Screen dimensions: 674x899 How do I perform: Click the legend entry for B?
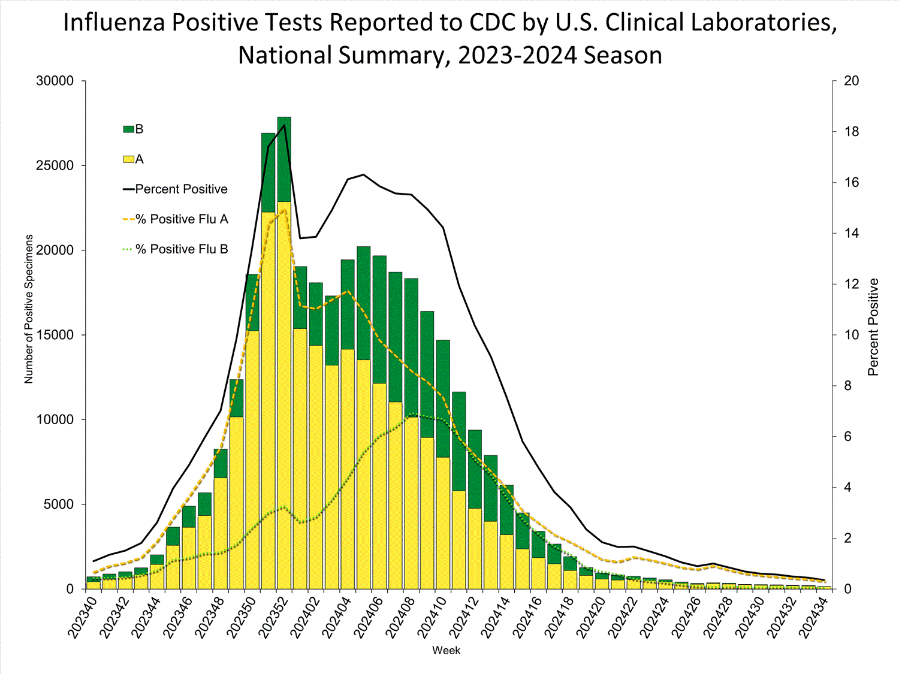[134, 129]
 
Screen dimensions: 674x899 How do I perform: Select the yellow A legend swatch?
[128, 159]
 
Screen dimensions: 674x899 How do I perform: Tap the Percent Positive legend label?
[181, 189]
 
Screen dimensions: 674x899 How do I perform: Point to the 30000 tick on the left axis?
[55, 81]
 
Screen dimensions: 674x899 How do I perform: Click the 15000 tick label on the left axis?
[55, 335]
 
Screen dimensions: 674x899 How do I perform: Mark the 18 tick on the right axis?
[851, 132]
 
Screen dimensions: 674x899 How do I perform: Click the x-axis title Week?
[447, 651]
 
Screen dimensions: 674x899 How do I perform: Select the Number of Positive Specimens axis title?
[29, 309]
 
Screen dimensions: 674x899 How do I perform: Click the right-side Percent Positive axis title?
[873, 327]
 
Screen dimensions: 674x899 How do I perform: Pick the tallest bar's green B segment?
[284, 159]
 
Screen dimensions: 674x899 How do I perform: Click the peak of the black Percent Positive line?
[284, 125]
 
